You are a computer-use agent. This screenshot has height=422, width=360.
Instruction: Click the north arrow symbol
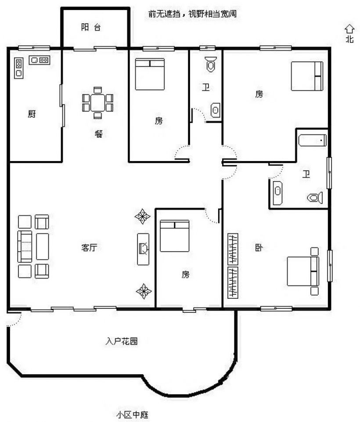click(349, 29)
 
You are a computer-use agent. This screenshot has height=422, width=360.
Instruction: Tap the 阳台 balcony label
click(91, 27)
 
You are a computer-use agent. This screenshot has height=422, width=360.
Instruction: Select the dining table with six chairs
click(97, 103)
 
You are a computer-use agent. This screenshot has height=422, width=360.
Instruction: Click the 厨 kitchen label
click(32, 114)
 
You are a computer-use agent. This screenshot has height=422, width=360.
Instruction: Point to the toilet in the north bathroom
click(210, 64)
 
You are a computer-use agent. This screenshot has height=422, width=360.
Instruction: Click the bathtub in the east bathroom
click(312, 140)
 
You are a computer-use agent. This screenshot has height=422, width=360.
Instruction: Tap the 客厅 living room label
click(89, 247)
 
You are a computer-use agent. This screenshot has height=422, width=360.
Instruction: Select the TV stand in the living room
click(143, 249)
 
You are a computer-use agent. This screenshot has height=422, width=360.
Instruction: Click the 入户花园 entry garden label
click(122, 341)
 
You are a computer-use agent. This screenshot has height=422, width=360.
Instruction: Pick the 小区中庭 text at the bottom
click(132, 415)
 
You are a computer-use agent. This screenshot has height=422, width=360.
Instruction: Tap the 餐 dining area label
click(99, 133)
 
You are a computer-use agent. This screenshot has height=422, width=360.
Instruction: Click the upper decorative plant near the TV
click(142, 216)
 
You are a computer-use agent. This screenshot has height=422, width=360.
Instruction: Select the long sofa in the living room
click(25, 246)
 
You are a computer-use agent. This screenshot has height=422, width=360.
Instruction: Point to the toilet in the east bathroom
click(315, 197)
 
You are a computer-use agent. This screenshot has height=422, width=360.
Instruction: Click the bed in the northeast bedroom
click(307, 76)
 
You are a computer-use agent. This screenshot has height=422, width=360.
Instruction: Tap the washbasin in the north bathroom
click(216, 110)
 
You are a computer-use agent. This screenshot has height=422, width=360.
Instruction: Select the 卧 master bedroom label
click(259, 247)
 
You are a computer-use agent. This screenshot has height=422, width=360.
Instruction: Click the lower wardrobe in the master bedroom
click(233, 283)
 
